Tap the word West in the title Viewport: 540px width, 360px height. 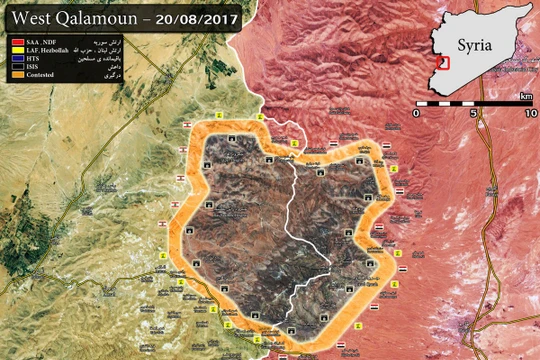pos(30,18)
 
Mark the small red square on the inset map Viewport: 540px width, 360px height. pos(446,60)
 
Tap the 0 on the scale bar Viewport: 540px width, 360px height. pos(418,113)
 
